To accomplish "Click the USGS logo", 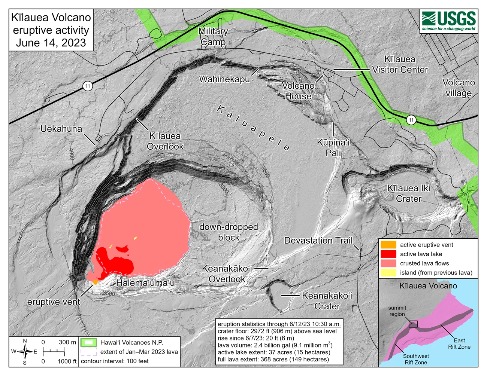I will (x=448, y=21).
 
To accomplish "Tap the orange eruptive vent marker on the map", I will (x=95, y=281).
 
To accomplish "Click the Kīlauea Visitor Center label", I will (x=400, y=64).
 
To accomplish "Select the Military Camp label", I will (x=213, y=37).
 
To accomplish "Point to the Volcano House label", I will (x=298, y=91).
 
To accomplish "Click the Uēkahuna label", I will (x=61, y=129).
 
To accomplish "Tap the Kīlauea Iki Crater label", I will (x=409, y=193).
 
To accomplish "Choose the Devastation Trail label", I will (x=318, y=241).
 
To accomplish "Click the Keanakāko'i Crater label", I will (x=327, y=301).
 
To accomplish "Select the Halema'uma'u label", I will (x=145, y=283).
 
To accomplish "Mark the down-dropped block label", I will (x=229, y=232).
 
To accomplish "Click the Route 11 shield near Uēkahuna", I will (x=88, y=86).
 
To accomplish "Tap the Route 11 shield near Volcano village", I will (x=411, y=120).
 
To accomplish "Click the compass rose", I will (x=25, y=352).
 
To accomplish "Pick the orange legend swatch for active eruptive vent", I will (x=388, y=245).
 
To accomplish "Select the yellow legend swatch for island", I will (x=388, y=273).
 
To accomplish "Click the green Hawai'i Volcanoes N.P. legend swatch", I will (x=89, y=342).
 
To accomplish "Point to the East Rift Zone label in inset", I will (x=459, y=343).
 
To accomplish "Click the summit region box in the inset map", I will (x=413, y=324).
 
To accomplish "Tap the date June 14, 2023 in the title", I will (x=51, y=43).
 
